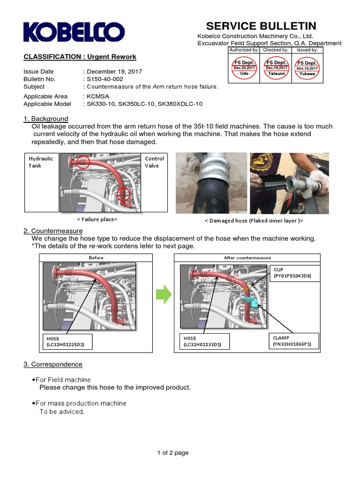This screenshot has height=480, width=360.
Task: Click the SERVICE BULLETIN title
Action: coord(261,26)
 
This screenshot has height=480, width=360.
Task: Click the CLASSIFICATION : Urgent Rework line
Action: coord(80,57)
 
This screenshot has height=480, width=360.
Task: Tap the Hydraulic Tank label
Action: coord(41,162)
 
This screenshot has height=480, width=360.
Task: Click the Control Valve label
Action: coord(154,162)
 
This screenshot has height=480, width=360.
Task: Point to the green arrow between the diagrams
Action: coord(164,295)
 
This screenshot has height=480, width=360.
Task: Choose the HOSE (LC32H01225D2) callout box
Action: coord(68,341)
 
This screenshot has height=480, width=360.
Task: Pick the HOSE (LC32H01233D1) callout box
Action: coord(205,341)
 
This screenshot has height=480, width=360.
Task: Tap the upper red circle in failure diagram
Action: coord(83,162)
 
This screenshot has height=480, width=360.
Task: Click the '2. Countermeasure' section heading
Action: coord(53,231)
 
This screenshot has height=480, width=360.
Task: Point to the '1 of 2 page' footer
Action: coord(173,453)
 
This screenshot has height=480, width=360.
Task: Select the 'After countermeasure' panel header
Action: coord(247,258)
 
